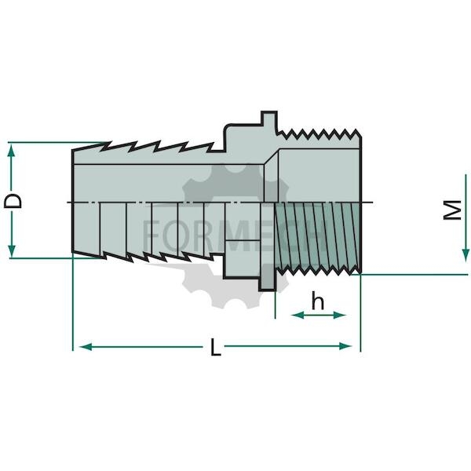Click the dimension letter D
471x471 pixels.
pyautogui.click(x=13, y=201)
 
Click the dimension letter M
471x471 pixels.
pyautogui.click(x=452, y=210)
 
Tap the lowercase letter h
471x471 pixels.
pyautogui.click(x=318, y=301)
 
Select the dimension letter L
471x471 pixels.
pyautogui.click(x=216, y=347)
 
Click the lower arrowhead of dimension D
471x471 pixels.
pyautogui.click(x=12, y=250)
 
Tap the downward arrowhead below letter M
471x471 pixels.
pyautogui.click(x=466, y=255)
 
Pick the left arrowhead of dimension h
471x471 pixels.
pyautogui.click(x=298, y=315)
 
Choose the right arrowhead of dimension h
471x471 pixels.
pyautogui.click(x=340, y=315)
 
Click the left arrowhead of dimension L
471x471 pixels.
pyautogui.click(x=86, y=347)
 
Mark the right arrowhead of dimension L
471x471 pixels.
pyautogui.click(x=345, y=346)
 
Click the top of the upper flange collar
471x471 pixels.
pyautogui.click(x=268, y=112)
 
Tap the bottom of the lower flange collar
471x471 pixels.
pyautogui.click(x=266, y=290)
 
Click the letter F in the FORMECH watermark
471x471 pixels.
pyautogui.click(x=151, y=235)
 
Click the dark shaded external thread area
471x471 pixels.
pyautogui.click(x=317, y=234)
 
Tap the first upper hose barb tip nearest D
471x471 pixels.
pyautogui.click(x=106, y=143)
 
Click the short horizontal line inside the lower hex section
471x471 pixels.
pyautogui.click(x=242, y=240)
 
